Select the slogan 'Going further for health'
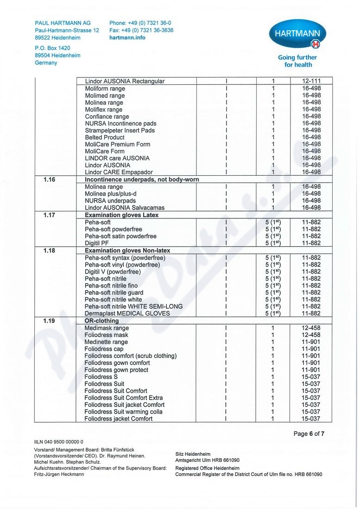(x=297, y=61)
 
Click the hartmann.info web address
(x=127, y=38)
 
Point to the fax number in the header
(x=141, y=30)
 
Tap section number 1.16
(x=49, y=179)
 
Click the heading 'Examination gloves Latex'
(x=121, y=215)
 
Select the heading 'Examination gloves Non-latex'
(x=127, y=251)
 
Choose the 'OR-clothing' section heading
(x=101, y=321)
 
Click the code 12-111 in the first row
(x=311, y=81)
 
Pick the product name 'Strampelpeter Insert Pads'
(x=120, y=130)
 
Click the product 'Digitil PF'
(x=96, y=243)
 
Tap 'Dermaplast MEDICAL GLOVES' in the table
(x=127, y=313)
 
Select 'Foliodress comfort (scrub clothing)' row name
(x=130, y=356)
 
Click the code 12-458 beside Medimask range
(x=311, y=328)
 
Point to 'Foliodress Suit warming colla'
(x=123, y=412)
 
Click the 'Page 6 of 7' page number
(x=309, y=434)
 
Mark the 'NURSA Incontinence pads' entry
(x=120, y=123)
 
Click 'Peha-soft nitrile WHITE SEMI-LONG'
(x=133, y=306)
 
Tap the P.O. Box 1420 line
(x=52, y=48)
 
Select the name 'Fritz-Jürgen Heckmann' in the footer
(x=59, y=474)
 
